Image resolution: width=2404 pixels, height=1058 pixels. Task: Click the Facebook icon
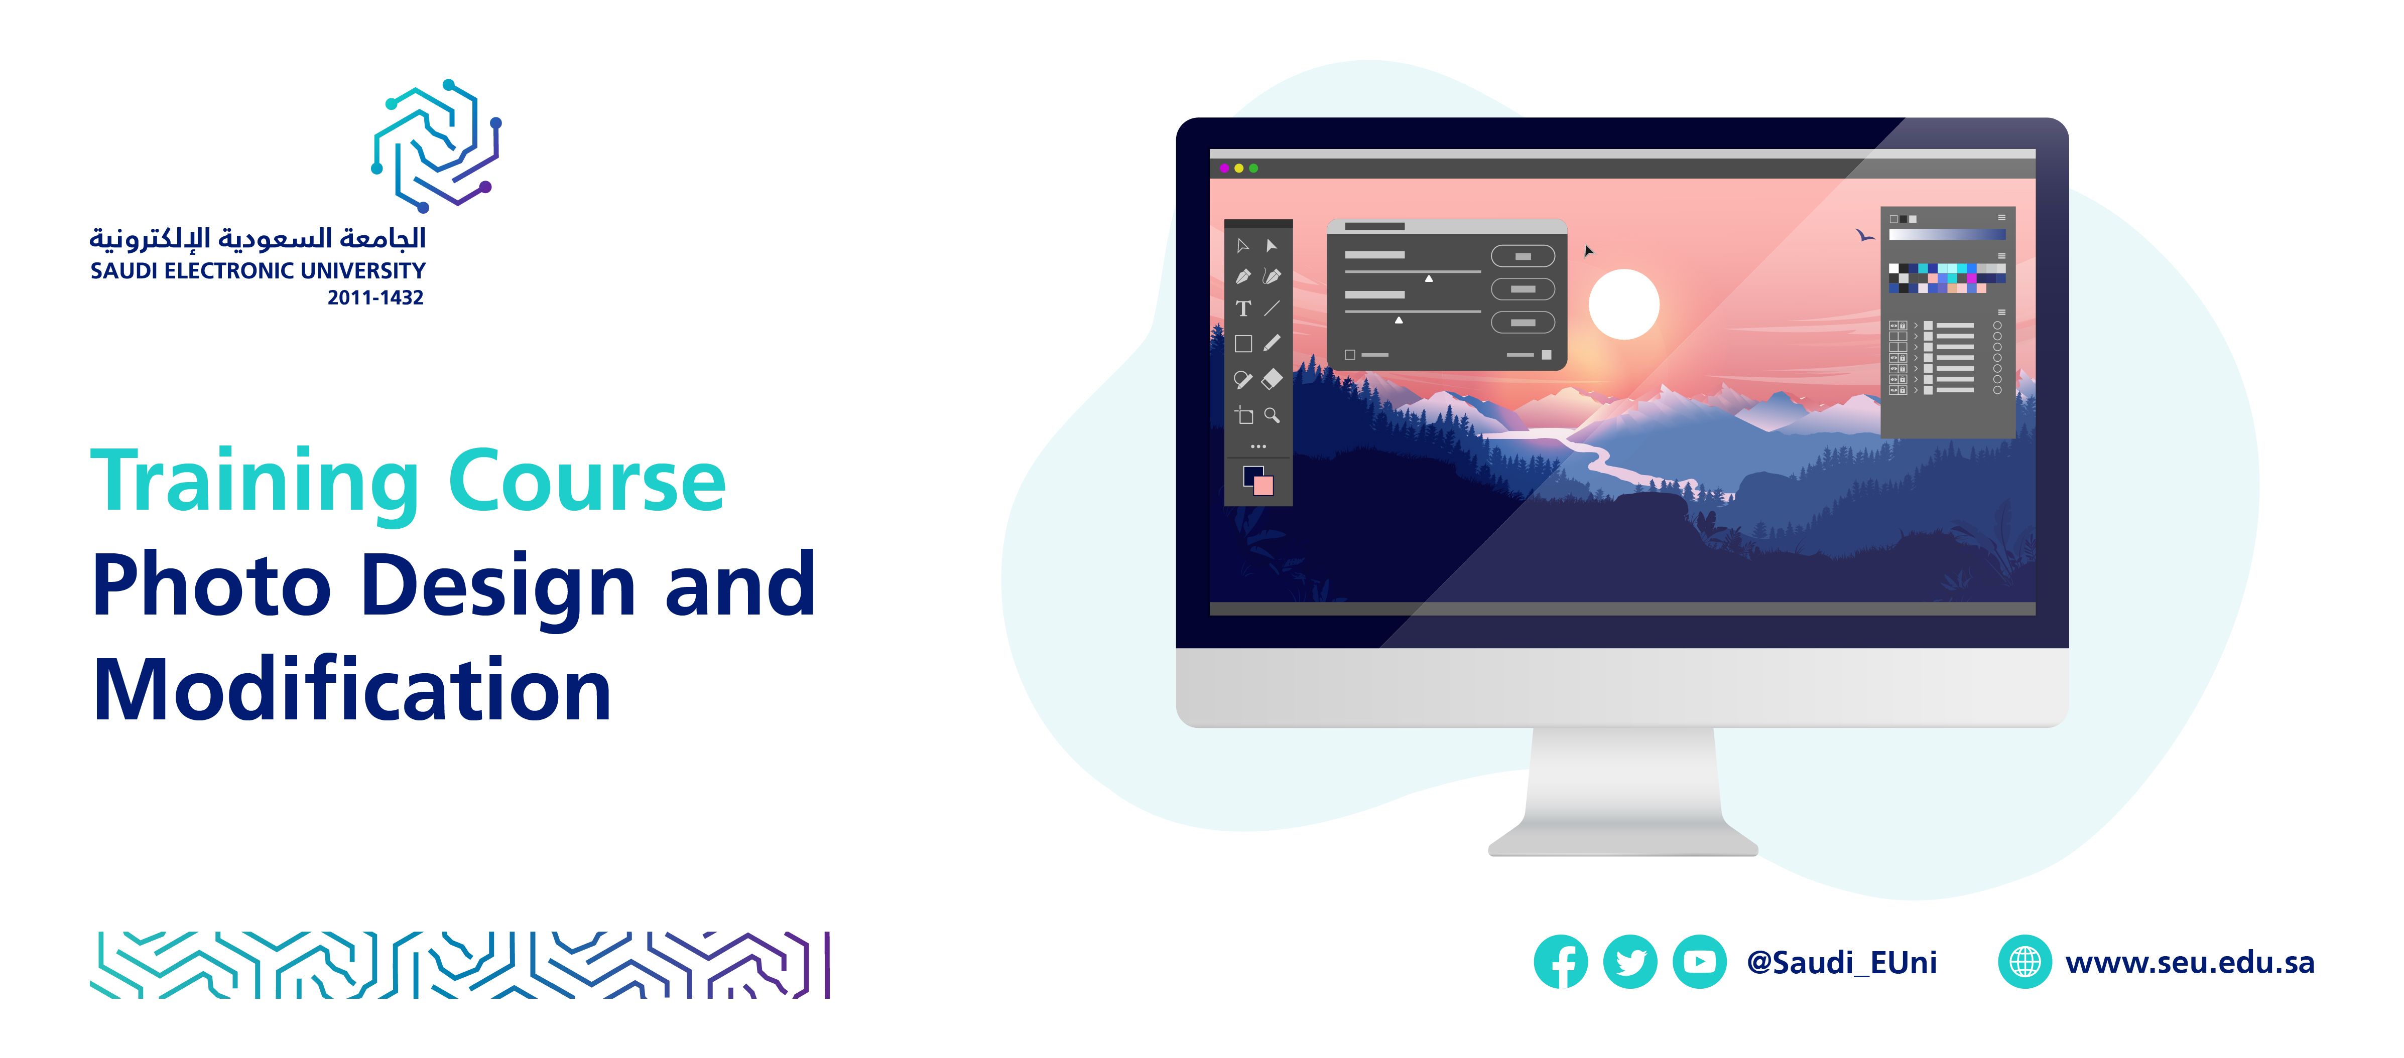[x=1560, y=961]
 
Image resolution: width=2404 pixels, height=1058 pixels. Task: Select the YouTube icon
[x=1699, y=961]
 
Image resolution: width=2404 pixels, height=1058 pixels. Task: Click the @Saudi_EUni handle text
[x=1841, y=962]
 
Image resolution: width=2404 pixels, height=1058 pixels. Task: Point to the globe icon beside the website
[x=2024, y=961]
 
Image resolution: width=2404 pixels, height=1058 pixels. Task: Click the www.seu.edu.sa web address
[x=2189, y=962]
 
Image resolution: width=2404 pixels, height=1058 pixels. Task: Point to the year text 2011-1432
[x=375, y=297]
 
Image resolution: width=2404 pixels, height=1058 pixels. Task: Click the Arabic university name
[x=258, y=239]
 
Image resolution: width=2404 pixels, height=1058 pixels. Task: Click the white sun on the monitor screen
[x=1624, y=304]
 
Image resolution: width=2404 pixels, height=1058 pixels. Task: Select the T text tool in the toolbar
[x=1243, y=309]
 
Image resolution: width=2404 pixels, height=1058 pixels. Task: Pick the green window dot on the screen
[x=1253, y=168]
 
